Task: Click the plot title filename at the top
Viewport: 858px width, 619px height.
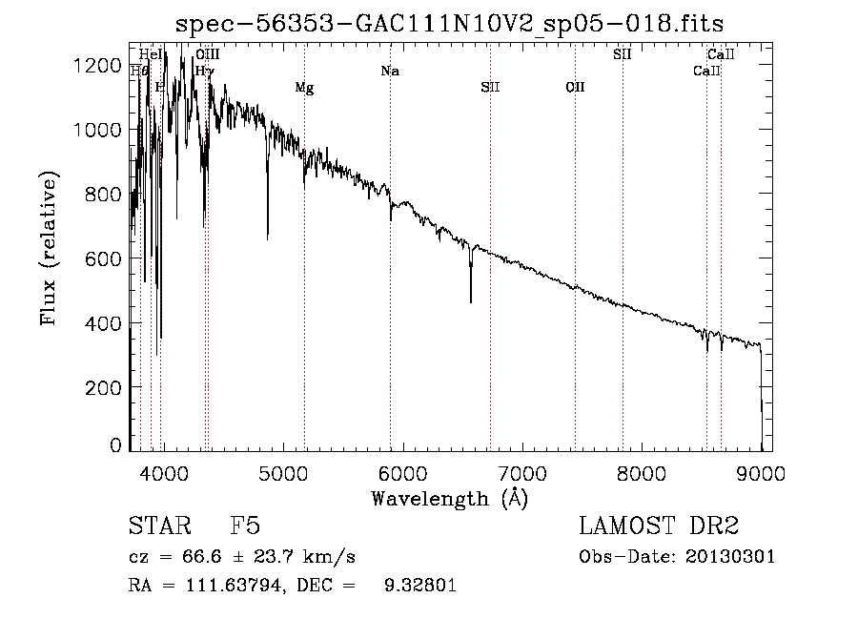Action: [x=457, y=24]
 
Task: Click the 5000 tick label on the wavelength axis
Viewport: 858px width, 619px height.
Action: [x=282, y=471]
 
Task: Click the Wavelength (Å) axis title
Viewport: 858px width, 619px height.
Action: [x=449, y=498]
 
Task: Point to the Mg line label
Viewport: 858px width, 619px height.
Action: [x=304, y=89]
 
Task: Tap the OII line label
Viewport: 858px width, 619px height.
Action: [x=575, y=89]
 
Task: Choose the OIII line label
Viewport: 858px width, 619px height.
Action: [x=207, y=55]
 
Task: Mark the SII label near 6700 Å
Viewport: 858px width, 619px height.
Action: [x=490, y=89]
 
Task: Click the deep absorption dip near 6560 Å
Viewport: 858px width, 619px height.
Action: [x=470, y=301]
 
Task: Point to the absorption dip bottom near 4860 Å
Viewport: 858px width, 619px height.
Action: [x=267, y=237]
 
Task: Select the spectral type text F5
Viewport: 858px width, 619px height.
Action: [x=245, y=527]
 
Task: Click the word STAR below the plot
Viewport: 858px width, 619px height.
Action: [x=158, y=527]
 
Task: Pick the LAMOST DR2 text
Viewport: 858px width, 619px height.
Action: [x=659, y=527]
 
